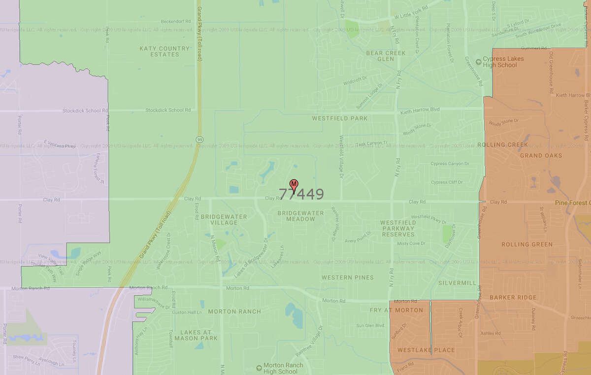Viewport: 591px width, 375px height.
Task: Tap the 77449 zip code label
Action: (x=301, y=195)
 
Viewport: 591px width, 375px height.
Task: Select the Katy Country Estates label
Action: (x=164, y=51)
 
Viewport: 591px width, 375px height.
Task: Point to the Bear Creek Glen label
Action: (x=386, y=56)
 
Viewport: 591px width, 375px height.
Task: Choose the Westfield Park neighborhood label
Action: (x=340, y=118)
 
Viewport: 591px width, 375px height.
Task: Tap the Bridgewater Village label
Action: (x=219, y=219)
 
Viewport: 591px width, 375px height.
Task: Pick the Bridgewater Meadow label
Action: (x=300, y=216)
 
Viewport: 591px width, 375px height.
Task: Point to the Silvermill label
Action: (x=457, y=283)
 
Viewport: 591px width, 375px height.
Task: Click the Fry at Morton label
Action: (x=396, y=310)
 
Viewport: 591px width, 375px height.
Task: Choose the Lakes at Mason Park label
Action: (x=196, y=335)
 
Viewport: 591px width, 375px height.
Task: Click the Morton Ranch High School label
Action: (x=280, y=368)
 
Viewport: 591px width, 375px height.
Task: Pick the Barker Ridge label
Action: (x=513, y=297)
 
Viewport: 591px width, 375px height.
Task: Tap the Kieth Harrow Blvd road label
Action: (x=420, y=110)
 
